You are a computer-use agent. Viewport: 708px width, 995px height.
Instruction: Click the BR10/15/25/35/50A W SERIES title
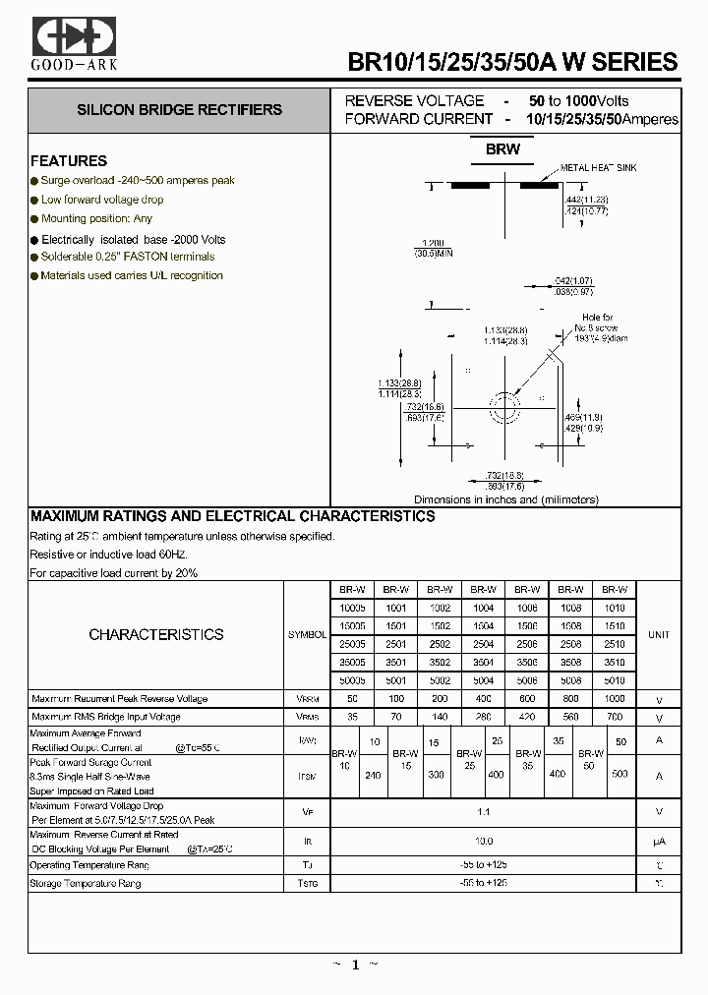coord(512,62)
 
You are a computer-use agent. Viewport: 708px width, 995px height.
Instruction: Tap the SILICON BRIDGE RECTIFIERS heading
coord(180,110)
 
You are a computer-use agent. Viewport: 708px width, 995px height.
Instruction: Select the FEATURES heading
coord(69,161)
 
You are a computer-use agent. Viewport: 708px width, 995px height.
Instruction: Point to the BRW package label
coord(502,150)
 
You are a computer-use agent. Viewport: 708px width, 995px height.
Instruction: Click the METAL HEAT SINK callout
coord(598,168)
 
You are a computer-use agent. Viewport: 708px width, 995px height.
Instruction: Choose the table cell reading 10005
coord(353,609)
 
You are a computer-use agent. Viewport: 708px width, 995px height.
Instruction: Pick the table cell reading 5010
coord(615,679)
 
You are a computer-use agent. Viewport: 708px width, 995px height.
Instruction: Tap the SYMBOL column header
coord(307,635)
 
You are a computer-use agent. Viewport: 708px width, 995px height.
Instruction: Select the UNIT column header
coord(658,635)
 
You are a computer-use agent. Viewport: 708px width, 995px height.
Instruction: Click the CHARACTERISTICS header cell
coord(156,635)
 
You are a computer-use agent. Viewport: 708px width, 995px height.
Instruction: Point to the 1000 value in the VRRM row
coord(615,699)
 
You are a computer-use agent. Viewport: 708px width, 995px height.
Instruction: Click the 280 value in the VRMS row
coord(483,718)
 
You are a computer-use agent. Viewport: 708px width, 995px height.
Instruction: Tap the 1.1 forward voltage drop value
coord(483,811)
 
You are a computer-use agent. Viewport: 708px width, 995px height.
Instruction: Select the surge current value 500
coord(620,775)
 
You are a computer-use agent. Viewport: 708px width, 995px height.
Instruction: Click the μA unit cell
coord(658,842)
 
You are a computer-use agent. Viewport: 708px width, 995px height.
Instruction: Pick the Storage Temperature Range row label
coord(86,884)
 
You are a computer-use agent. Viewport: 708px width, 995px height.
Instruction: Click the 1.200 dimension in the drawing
coord(433,242)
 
